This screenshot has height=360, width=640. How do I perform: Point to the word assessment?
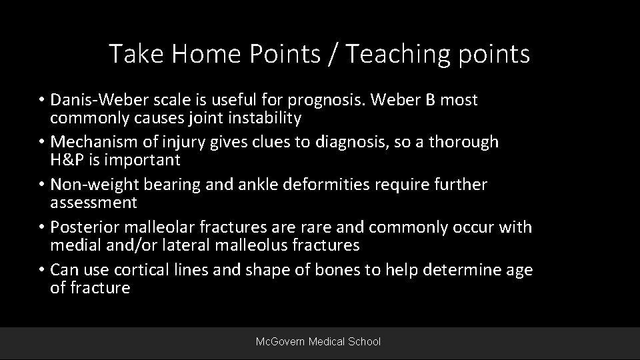[93, 203]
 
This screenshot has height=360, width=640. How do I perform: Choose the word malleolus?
[252, 245]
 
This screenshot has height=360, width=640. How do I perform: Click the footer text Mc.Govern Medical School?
[319, 341]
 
